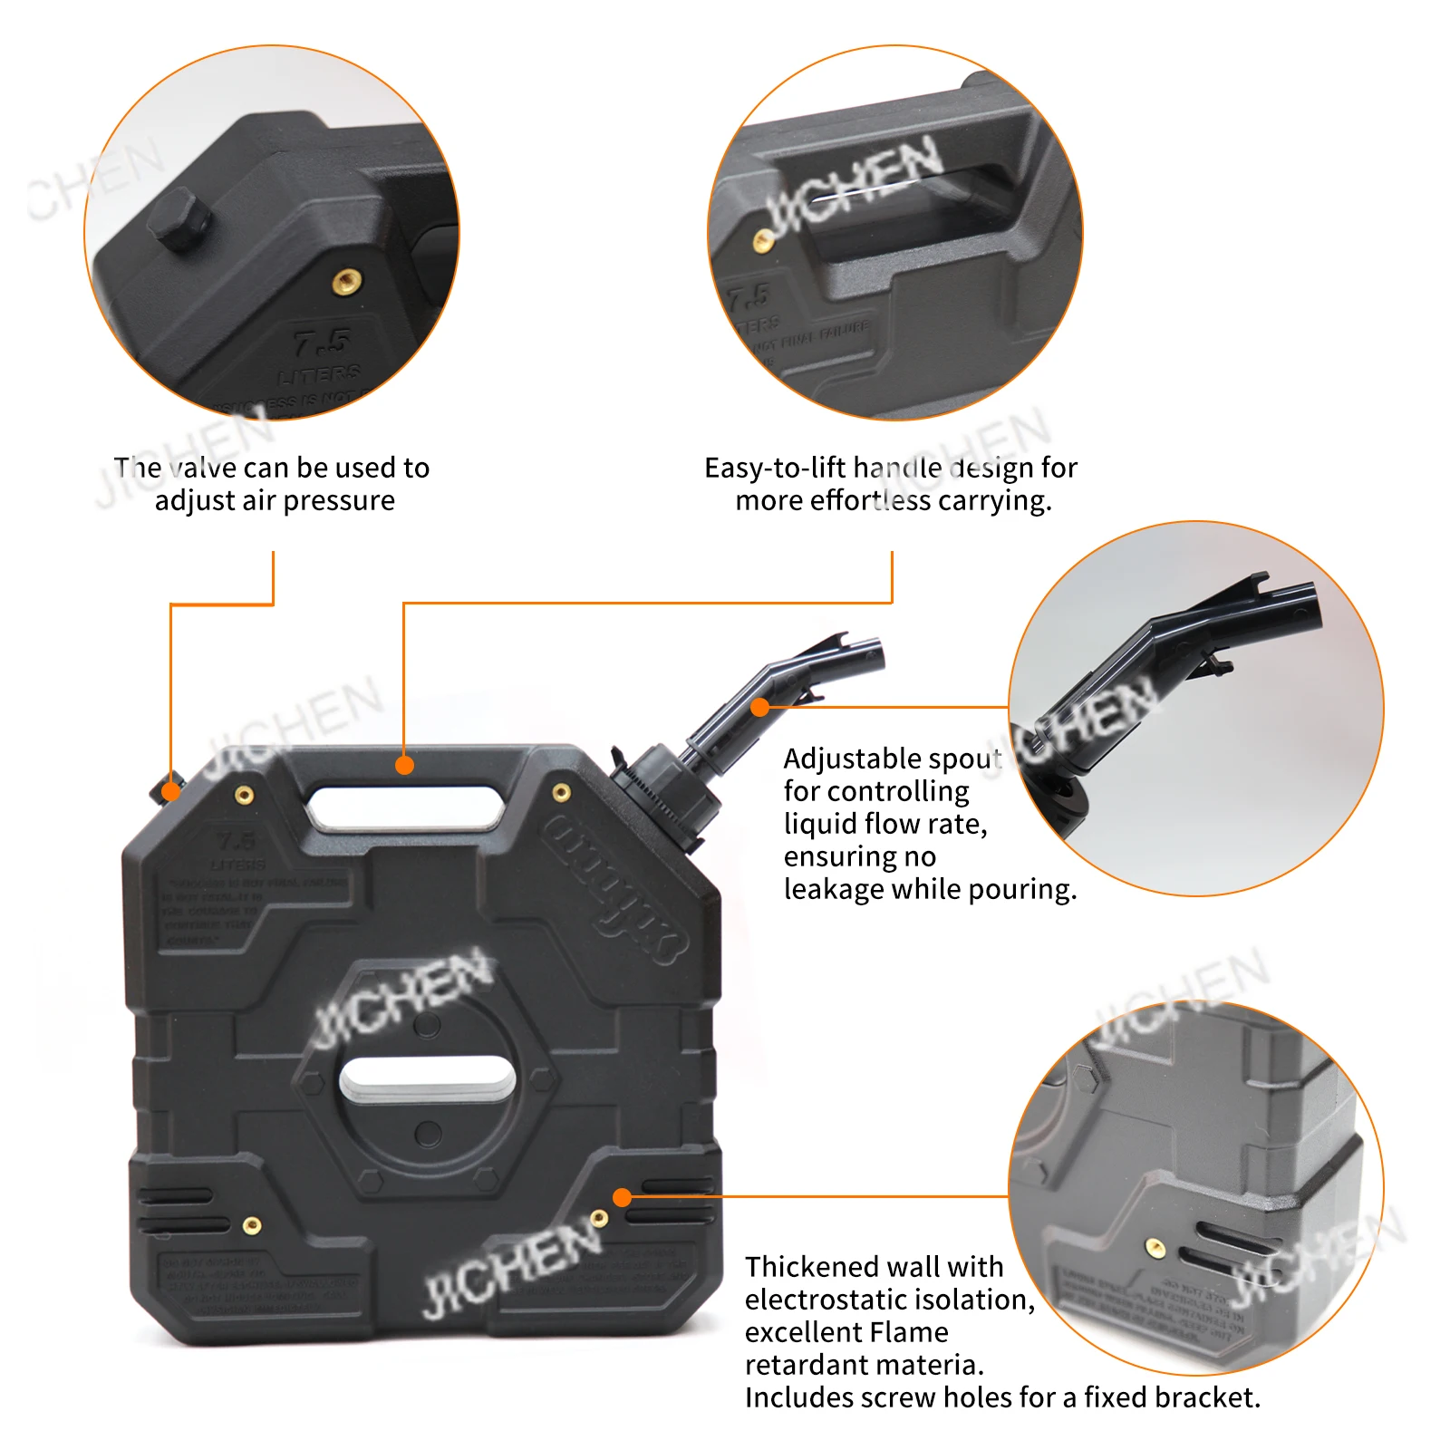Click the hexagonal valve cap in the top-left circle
pos(179,218)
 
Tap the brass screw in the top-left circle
pos(345,281)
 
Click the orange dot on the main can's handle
pos(405,765)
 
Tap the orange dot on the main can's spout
pos(760,707)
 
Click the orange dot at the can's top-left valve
pos(170,792)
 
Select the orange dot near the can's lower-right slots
pos(622,1197)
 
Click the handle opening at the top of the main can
pos(405,806)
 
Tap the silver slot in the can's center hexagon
pos(428,1078)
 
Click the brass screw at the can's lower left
pos(253,1225)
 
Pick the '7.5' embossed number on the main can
pos(236,840)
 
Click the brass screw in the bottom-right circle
pos(1155,1247)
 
